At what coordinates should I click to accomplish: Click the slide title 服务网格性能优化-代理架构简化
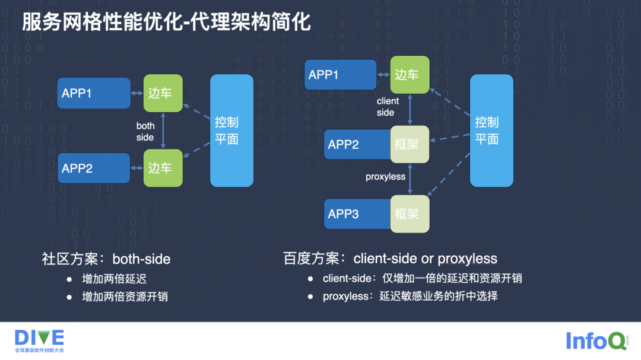166,24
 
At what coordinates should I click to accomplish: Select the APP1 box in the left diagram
94,93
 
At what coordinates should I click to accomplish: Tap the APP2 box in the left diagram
94,168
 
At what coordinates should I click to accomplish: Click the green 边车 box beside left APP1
163,93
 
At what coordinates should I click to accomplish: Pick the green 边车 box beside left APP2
163,168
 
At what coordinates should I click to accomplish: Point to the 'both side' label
145,132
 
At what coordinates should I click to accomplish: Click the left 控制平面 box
231,130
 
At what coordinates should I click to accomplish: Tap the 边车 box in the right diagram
410,75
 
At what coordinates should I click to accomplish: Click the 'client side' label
388,107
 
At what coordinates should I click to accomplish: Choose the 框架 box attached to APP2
410,144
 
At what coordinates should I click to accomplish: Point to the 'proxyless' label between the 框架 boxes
385,177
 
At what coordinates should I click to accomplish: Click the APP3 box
357,214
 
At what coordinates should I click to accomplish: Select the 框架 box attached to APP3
410,214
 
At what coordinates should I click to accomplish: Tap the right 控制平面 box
491,130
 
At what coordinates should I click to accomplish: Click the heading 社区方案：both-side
106,259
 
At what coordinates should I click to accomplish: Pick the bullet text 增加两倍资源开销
125,297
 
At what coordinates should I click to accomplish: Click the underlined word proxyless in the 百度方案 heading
467,259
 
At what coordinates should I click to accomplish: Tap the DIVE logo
39,340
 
